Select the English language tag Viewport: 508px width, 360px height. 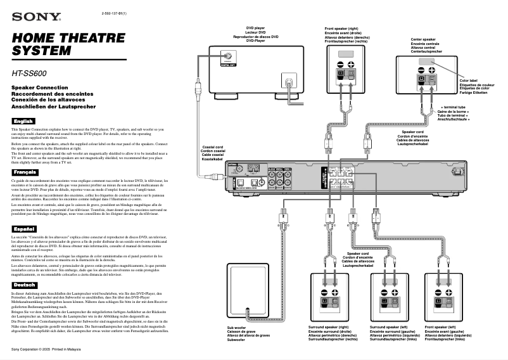(23, 120)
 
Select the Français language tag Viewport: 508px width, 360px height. (25, 172)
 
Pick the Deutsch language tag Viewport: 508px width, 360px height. (25, 285)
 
